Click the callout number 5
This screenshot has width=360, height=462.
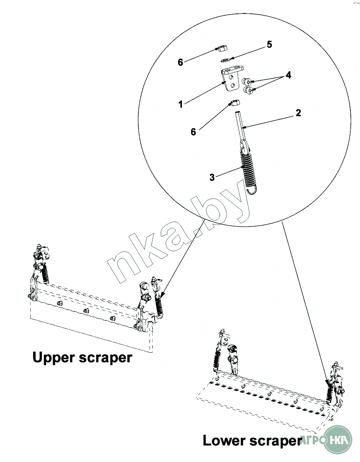(269, 45)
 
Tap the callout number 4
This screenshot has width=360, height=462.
(288, 75)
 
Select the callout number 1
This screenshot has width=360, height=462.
(180, 104)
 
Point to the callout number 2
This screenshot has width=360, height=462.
(298, 113)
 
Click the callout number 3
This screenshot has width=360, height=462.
(212, 177)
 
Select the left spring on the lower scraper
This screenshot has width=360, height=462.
(217, 360)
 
